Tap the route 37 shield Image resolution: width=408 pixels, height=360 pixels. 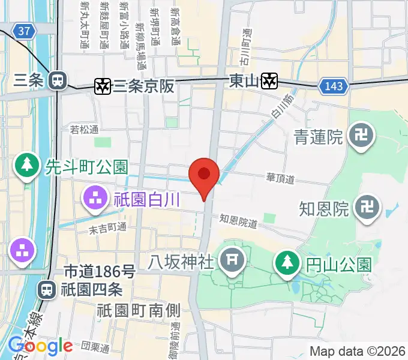click(x=23, y=31)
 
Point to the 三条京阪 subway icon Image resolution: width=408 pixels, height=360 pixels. click(x=103, y=86)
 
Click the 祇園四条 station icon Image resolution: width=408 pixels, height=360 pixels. click(x=46, y=290)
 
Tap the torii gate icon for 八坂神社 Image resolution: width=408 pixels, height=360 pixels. click(x=230, y=260)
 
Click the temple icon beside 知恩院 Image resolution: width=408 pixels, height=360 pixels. click(x=365, y=208)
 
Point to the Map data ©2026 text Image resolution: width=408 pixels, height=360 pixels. click(x=357, y=351)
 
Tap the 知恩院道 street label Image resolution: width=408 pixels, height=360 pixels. click(x=238, y=221)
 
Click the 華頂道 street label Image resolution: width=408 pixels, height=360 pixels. click(x=280, y=178)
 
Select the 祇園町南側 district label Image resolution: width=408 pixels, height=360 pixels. click(x=139, y=310)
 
